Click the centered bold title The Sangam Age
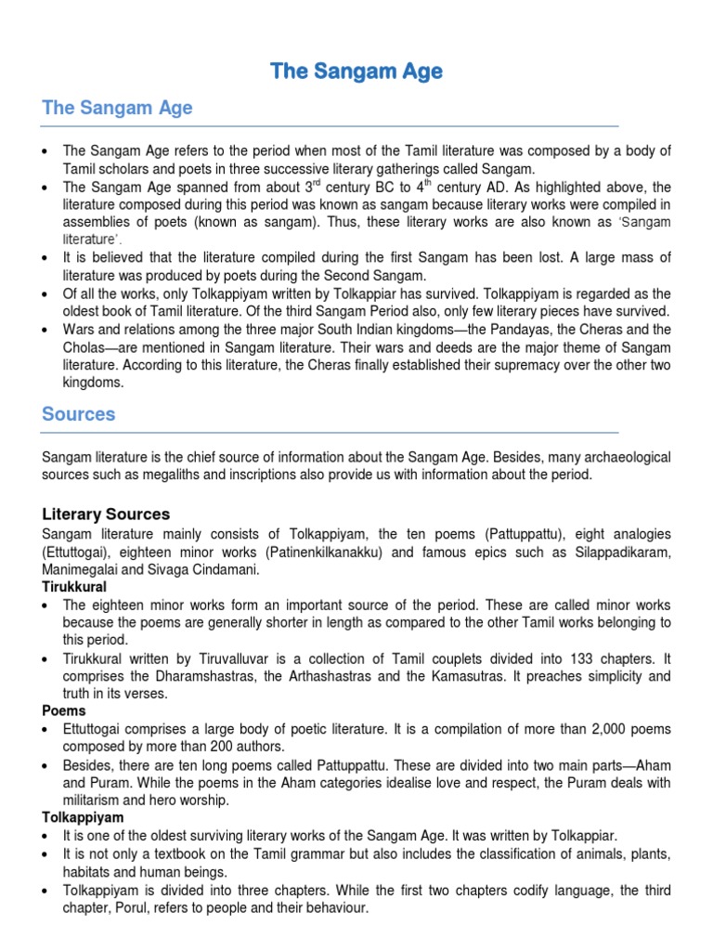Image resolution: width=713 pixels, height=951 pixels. pyautogui.click(x=356, y=71)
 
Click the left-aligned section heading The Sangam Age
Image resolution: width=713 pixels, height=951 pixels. pyautogui.click(x=117, y=108)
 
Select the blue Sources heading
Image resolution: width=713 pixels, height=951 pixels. pyautogui.click(x=79, y=414)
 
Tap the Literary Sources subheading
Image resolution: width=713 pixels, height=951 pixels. pyautogui.click(x=106, y=514)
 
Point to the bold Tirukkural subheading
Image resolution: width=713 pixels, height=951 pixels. pyautogui.click(x=74, y=587)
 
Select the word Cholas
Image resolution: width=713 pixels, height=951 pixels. pyautogui.click(x=84, y=346)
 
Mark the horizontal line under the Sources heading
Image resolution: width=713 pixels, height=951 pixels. pyautogui.click(x=330, y=432)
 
